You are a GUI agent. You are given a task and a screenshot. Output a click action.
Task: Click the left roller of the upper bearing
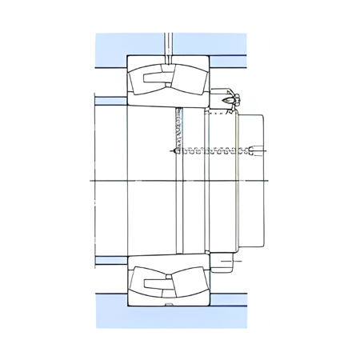click(x=149, y=81)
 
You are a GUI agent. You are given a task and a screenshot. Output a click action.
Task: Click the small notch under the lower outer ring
click(x=168, y=306)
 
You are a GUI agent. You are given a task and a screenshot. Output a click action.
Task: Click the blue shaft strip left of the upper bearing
click(x=110, y=101)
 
